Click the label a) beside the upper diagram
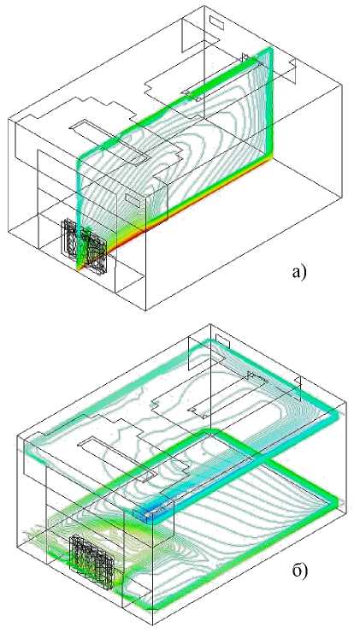(x=299, y=272)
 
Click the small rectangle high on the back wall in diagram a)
(x=216, y=23)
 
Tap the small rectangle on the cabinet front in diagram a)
(x=133, y=199)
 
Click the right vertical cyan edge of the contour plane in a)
(x=270, y=103)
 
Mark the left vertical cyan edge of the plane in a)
(x=80, y=210)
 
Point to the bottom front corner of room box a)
(x=145, y=310)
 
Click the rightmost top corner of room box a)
(x=342, y=85)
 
